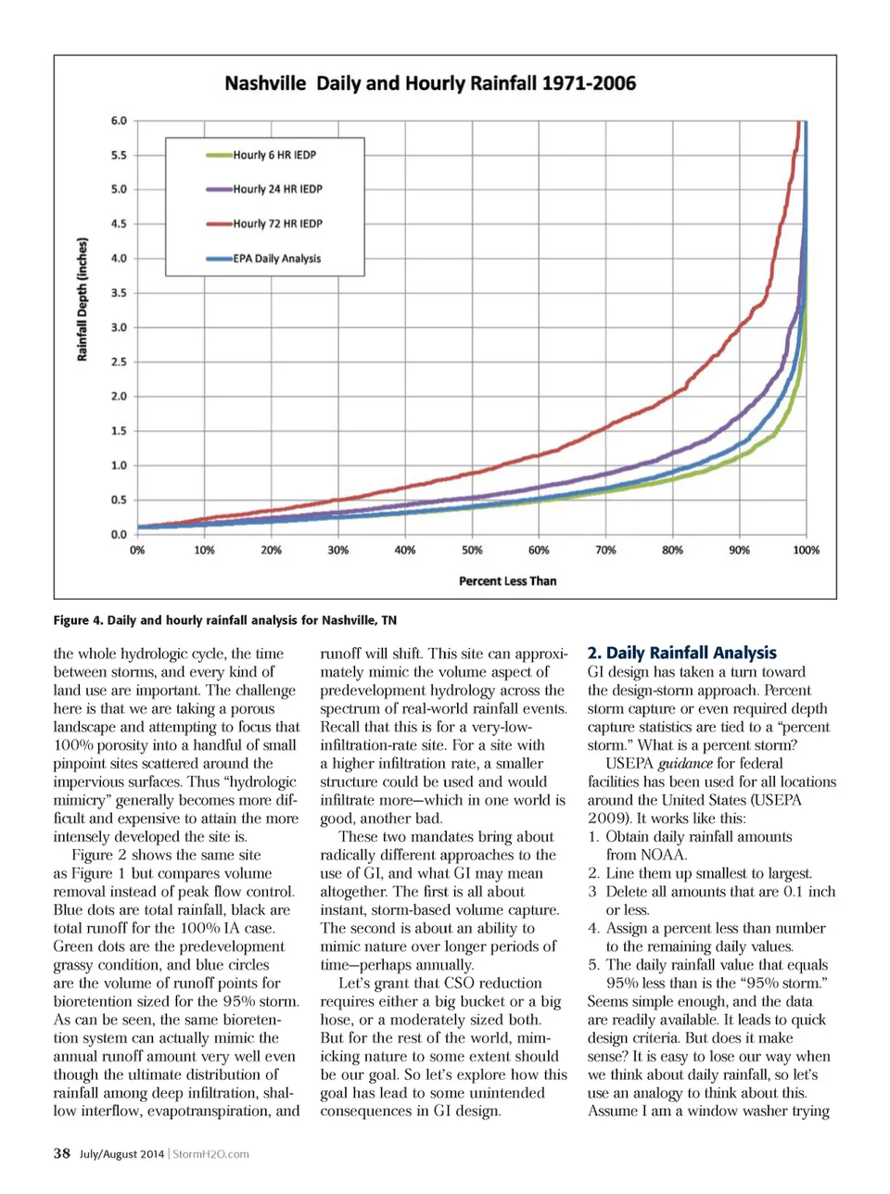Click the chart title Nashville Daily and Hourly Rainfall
pyautogui.click(x=430, y=83)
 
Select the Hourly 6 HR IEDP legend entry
pyautogui.click(x=273, y=155)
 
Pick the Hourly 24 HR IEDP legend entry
pyautogui.click(x=276, y=189)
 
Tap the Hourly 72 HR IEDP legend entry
pyautogui.click(x=276, y=223)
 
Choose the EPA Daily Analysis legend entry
pyautogui.click(x=275, y=259)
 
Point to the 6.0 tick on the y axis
pyautogui.click(x=119, y=121)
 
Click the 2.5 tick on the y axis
pyautogui.click(x=119, y=362)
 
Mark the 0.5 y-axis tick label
pyautogui.click(x=119, y=500)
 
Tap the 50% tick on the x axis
pyautogui.click(x=472, y=551)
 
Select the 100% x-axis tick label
pyautogui.click(x=806, y=551)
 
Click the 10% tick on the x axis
pyautogui.click(x=204, y=551)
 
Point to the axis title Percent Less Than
pyautogui.click(x=507, y=581)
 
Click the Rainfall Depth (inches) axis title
pyautogui.click(x=83, y=299)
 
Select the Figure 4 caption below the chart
pyautogui.click(x=224, y=620)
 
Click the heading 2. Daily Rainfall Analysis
pyautogui.click(x=681, y=653)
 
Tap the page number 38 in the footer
pyautogui.click(x=62, y=1153)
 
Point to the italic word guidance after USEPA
pyautogui.click(x=685, y=764)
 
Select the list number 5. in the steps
pyautogui.click(x=593, y=965)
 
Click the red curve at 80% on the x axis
pyautogui.click(x=673, y=396)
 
